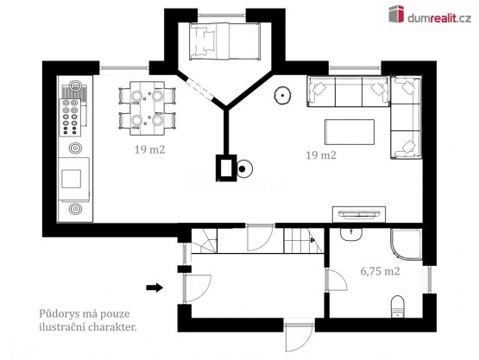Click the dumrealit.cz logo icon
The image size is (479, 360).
coord(396,14)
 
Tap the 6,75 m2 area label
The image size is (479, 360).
coord(380,271)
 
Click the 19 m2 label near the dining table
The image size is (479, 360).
coord(149,149)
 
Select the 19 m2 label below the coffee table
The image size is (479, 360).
coord(321,155)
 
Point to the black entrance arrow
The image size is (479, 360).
coord(154,287)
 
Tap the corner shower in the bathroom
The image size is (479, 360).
coord(406,245)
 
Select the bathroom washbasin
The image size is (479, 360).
coord(351,234)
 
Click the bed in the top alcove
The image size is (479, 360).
coord(225,41)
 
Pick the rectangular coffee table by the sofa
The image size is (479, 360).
coord(350,132)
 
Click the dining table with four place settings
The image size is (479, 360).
coord(148,108)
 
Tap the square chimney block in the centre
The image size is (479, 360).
coord(226,167)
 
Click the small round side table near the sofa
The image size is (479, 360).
coord(282,95)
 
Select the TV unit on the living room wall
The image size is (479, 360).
coord(359,215)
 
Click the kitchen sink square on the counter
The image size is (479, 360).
coord(71,179)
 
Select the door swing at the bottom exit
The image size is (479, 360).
coord(299,338)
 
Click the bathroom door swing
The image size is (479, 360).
coord(337,280)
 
